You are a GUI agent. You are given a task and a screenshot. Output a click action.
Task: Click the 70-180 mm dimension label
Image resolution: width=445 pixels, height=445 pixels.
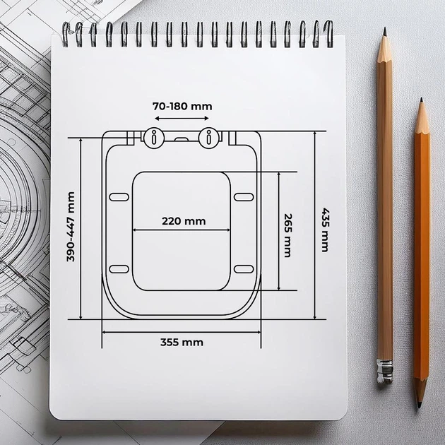point(182,107)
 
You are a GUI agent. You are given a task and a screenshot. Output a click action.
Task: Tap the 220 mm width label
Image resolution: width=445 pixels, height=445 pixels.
point(184,221)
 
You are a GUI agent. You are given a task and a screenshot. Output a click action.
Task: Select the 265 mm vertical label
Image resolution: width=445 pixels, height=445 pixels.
point(287,235)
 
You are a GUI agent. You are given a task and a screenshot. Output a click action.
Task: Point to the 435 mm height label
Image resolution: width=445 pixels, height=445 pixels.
point(325,230)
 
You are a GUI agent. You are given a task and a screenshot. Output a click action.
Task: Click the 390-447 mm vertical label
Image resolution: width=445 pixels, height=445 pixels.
point(71,227)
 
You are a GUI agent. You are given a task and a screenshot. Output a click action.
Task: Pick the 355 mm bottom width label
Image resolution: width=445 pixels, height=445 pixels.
point(182,343)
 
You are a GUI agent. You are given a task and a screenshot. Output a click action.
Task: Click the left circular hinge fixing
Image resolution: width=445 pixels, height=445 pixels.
point(154,138)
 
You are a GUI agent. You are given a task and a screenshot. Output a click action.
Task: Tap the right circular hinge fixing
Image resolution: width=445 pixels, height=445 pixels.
point(208,138)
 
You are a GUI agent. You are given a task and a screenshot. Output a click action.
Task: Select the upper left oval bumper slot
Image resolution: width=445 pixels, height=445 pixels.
point(119,197)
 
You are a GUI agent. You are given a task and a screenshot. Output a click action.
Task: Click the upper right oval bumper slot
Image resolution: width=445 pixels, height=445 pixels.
point(244,197)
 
